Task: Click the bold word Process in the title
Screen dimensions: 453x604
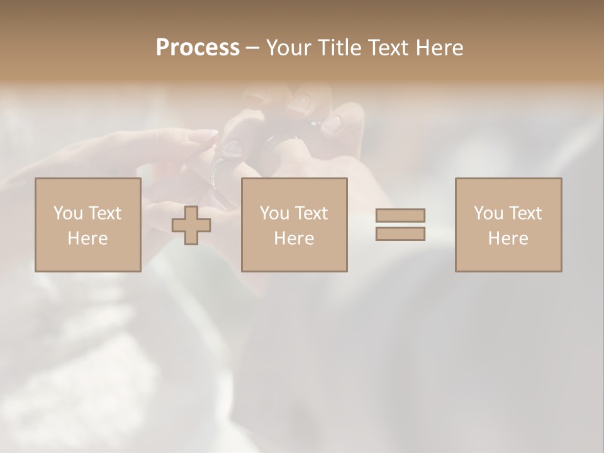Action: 198,48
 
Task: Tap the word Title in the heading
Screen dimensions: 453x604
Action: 340,48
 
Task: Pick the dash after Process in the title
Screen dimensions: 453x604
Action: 253,48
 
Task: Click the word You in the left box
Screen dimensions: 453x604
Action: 68,213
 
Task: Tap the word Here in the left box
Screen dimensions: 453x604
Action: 87,238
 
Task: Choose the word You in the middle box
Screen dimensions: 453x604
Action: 274,213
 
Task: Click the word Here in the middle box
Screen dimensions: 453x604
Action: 294,238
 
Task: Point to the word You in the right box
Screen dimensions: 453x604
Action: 488,213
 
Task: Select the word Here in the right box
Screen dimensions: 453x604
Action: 508,238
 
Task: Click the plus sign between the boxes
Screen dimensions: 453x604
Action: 191,225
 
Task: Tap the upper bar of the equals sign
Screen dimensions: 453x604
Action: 400,215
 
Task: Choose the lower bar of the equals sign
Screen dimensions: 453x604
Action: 400,233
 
